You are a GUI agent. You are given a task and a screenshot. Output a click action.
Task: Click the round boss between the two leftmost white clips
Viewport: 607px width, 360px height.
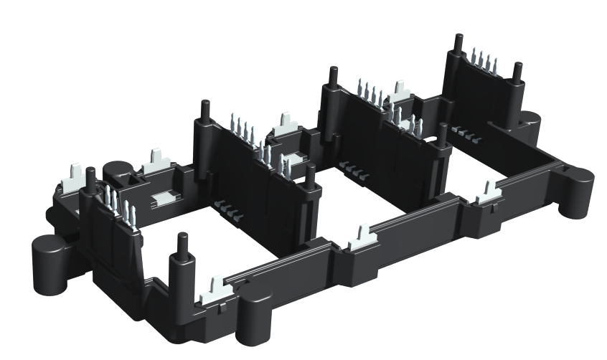pos(117,171)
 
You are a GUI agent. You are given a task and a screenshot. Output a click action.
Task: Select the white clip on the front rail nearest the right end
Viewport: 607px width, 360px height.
pos(488,191)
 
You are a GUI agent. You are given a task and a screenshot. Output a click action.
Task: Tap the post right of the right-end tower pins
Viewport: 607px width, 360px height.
pos(517,72)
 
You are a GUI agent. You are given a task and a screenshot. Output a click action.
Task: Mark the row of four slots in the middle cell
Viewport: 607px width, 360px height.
pos(354,169)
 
